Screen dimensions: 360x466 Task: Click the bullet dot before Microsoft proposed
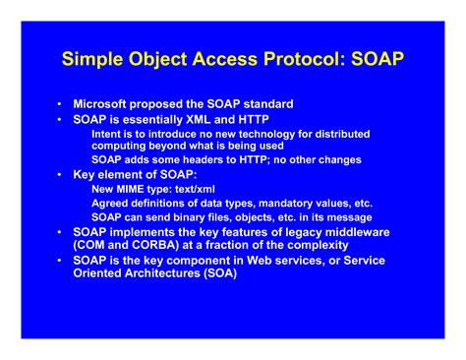click(60, 103)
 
